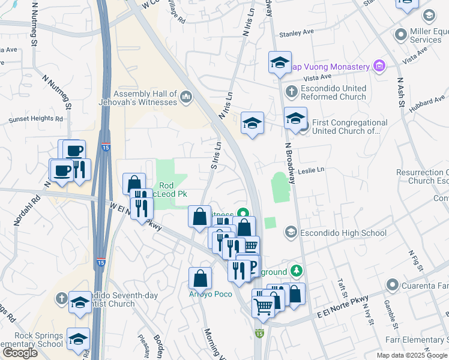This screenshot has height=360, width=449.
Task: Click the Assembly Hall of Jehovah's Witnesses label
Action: click(145, 98)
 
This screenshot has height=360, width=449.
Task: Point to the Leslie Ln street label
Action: click(310, 170)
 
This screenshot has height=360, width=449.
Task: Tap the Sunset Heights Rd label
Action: click(35, 119)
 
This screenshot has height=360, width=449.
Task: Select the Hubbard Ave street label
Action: click(428, 104)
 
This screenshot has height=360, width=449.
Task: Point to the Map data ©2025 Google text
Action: click(412, 355)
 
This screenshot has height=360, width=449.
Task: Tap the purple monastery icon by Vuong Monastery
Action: click(379, 66)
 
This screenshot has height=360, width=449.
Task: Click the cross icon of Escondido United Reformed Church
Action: click(292, 92)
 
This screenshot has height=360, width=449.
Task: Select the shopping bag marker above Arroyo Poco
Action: click(200, 278)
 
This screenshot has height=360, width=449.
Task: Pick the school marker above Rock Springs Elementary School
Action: click(79, 339)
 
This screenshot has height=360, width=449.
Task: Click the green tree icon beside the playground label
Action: click(296, 271)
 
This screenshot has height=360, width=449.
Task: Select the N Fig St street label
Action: click(412, 260)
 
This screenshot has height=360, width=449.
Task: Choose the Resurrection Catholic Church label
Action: click(423, 176)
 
